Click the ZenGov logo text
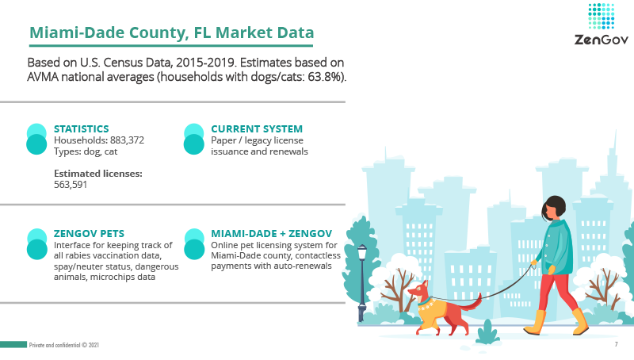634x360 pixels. [602, 40]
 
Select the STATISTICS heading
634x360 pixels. [82, 128]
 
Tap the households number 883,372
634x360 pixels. [127, 140]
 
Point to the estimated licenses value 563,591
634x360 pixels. [71, 185]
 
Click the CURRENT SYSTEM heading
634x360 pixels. [257, 128]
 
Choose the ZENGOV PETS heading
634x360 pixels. [89, 233]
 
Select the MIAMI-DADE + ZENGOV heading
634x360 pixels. [271, 233]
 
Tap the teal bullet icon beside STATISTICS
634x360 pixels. [36, 139]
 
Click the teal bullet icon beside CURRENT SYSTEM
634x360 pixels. [194, 139]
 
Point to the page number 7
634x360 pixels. [617, 344]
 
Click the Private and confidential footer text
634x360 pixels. [64, 345]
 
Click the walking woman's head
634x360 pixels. [553, 208]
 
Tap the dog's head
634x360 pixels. [418, 290]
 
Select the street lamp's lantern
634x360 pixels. [362, 252]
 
